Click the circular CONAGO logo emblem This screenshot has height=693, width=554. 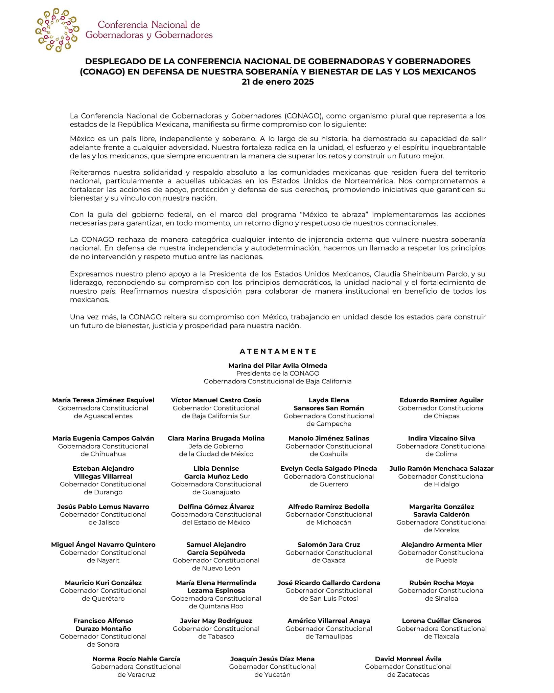click(57, 30)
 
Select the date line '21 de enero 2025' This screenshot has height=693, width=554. click(277, 82)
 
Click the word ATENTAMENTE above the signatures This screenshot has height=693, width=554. click(278, 351)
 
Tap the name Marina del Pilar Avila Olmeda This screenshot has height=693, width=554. click(278, 365)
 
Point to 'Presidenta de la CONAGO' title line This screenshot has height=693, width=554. click(278, 373)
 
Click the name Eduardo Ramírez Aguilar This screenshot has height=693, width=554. click(441, 400)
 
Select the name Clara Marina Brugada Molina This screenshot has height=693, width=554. click(216, 438)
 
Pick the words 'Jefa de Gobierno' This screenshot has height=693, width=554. click(216, 446)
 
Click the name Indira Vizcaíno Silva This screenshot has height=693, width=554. click(441, 438)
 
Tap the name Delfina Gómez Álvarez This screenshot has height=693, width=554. click(216, 507)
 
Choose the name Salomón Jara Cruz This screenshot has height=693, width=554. click(329, 544)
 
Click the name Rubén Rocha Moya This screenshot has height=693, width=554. click(441, 583)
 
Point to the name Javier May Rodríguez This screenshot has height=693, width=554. click(216, 621)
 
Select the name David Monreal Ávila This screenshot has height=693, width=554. click(408, 659)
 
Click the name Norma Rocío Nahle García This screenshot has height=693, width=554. click(136, 659)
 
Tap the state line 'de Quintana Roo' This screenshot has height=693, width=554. click(216, 606)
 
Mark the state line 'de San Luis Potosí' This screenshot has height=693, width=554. click(329, 598)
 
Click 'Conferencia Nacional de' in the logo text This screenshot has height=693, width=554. click(149, 25)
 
